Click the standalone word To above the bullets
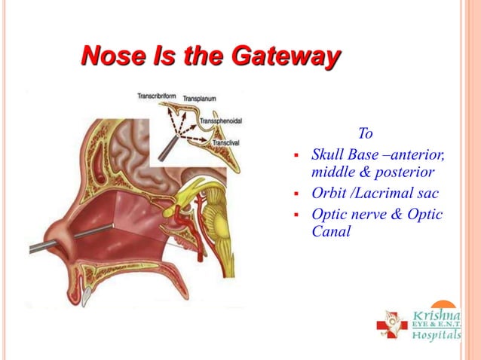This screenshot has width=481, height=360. point(366,134)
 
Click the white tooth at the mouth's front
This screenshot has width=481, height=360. point(89,293)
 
